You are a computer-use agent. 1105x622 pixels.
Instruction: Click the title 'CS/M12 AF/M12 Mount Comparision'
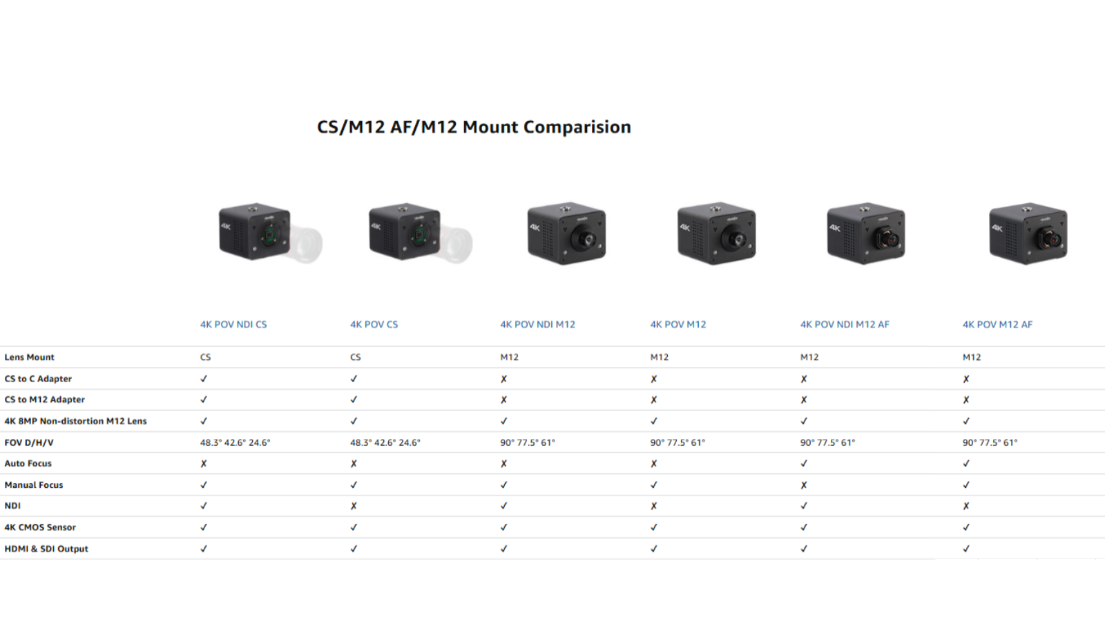474,127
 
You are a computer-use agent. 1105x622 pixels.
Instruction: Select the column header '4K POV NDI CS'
233,324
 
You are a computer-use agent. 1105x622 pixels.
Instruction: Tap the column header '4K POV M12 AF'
997,324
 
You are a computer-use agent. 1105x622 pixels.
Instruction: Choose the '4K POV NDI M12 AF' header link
845,324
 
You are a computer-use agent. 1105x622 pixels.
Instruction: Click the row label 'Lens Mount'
30,357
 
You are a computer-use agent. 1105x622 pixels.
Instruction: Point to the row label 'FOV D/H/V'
29,442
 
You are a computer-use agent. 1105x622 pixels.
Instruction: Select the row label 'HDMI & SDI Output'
46,549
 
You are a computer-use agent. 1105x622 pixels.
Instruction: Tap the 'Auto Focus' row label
28,464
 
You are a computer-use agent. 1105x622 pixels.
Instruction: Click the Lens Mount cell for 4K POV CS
356,357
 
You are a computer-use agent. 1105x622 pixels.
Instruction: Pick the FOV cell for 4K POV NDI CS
236,442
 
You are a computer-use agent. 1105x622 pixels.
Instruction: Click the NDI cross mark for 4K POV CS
354,506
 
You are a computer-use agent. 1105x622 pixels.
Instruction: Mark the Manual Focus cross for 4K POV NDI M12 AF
804,485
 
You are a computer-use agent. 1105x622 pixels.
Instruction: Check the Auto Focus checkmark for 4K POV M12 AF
966,464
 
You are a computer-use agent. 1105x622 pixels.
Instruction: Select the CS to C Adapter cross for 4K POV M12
654,379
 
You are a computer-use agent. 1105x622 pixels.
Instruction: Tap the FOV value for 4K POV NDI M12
528,442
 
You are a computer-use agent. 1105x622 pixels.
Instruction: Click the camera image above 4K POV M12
716,234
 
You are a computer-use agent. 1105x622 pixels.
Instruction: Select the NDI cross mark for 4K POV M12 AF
966,506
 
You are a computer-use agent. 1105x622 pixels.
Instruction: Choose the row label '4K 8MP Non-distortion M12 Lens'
76,421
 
